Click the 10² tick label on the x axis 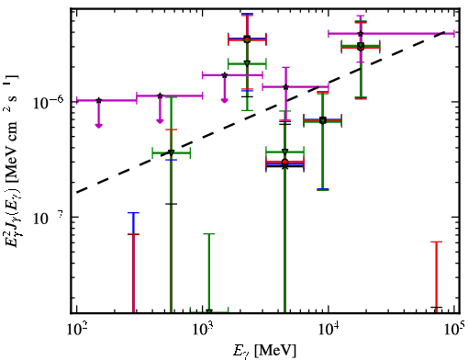[x=77, y=330]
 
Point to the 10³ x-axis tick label [x=203, y=330]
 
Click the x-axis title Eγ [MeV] [x=264, y=351]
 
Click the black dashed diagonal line [x=261, y=112]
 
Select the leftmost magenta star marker [x=99, y=100]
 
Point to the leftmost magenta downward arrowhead [x=98, y=126]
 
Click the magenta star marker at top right [x=361, y=33]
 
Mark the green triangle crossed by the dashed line [x=172, y=152]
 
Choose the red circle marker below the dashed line [x=285, y=162]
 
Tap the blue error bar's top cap [x=133, y=212]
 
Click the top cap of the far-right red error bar [x=437, y=242]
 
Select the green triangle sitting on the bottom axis [x=209, y=311]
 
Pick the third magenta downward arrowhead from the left [x=225, y=100]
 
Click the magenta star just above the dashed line [x=286, y=87]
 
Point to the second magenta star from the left [x=160, y=96]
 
